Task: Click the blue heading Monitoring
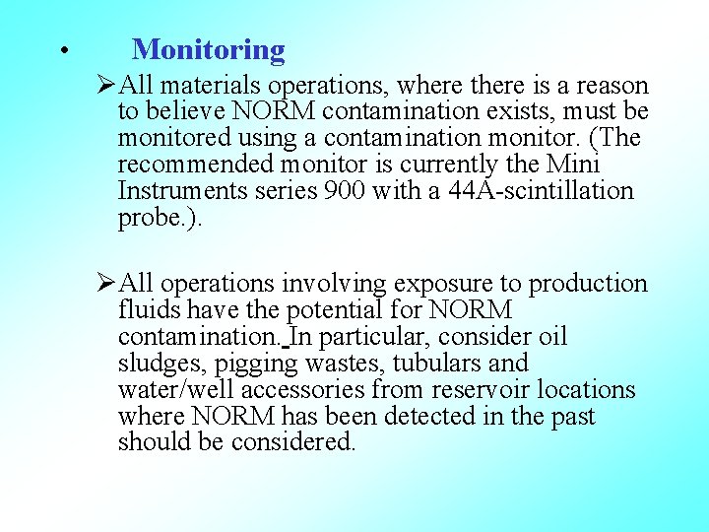click(208, 49)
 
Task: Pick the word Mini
click(571, 164)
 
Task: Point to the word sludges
click(157, 365)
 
